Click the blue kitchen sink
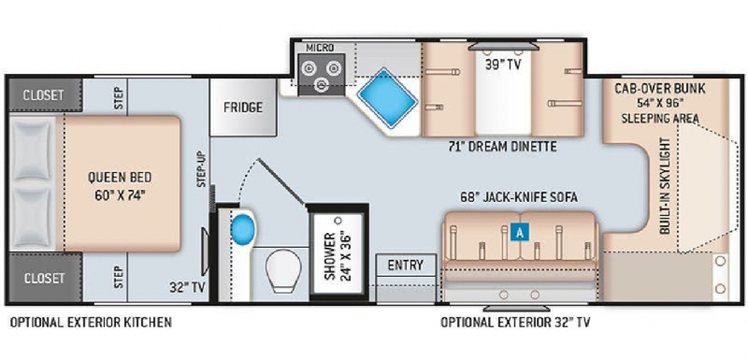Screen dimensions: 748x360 point(386,98)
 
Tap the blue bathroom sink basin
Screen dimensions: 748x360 point(242,228)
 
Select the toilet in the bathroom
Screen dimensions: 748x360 point(283,271)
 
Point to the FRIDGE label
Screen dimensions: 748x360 point(243,108)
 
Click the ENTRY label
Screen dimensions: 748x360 point(406,266)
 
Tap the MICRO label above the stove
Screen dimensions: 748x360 point(320,48)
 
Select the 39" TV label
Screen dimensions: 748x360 point(503,65)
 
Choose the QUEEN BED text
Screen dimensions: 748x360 point(120,178)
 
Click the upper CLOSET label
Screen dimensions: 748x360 point(43,94)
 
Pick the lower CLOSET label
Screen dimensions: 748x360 point(43,278)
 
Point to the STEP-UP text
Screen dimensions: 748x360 point(201,169)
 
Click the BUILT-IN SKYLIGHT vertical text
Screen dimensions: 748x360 point(666,185)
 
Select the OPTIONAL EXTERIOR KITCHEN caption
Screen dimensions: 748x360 point(91,323)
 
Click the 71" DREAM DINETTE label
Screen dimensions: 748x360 point(502,147)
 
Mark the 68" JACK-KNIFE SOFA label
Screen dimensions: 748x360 point(519,197)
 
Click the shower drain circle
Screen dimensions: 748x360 point(338,222)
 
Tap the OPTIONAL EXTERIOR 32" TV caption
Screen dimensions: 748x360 point(515,323)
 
